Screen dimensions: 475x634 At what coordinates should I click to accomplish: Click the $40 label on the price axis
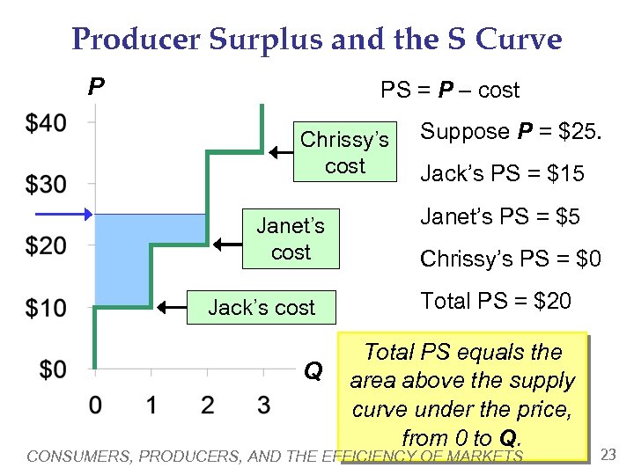point(45,123)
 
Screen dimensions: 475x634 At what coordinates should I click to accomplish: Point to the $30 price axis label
point(45,185)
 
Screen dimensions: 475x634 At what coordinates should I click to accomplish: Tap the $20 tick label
point(45,245)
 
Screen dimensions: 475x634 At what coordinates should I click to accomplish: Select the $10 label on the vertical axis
point(45,308)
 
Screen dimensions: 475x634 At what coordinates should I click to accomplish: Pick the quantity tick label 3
point(263,406)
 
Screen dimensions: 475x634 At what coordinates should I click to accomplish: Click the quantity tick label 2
point(207,406)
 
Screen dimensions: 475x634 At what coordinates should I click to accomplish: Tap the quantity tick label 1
point(151,406)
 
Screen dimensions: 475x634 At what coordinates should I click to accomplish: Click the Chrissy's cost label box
point(344,152)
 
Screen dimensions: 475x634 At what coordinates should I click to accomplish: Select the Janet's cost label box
point(291,238)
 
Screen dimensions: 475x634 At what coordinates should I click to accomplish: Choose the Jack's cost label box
point(261,308)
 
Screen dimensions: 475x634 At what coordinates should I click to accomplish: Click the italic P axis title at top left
point(96,86)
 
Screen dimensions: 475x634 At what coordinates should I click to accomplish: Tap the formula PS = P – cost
point(449,90)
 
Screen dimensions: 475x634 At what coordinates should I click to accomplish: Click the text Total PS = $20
point(496,302)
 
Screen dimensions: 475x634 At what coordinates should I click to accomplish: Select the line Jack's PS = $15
point(502,174)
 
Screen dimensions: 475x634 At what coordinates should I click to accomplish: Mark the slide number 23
point(608,454)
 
